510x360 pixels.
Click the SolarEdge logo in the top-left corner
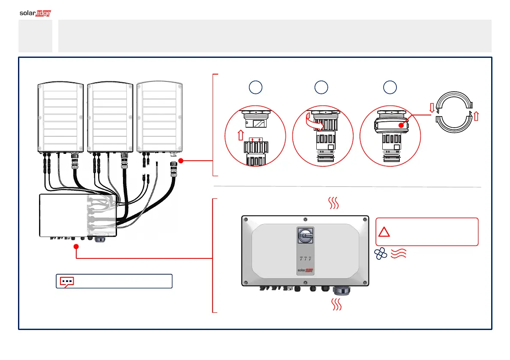pos(36,13)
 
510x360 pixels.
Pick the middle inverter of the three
pos(110,116)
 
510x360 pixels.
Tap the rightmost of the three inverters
pos(159,116)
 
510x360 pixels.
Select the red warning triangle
pos(384,232)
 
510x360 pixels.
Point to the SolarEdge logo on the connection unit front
pos(304,271)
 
